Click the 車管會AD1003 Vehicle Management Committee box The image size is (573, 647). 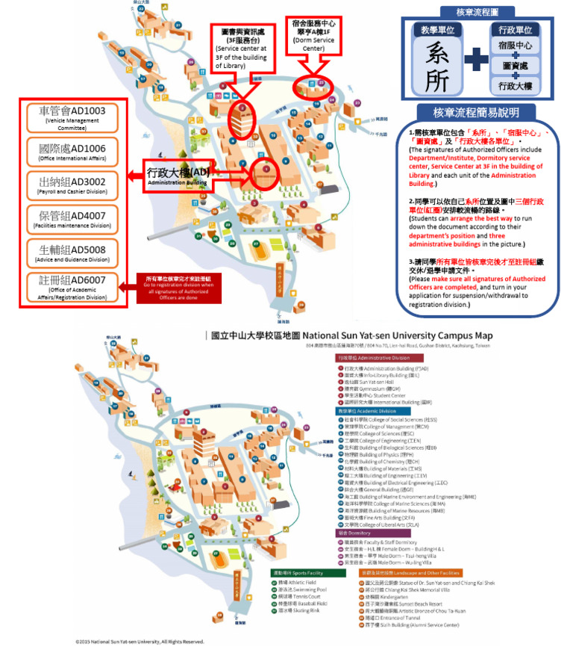72,117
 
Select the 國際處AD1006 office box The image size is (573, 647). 72,152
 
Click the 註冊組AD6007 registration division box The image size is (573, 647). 72,288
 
